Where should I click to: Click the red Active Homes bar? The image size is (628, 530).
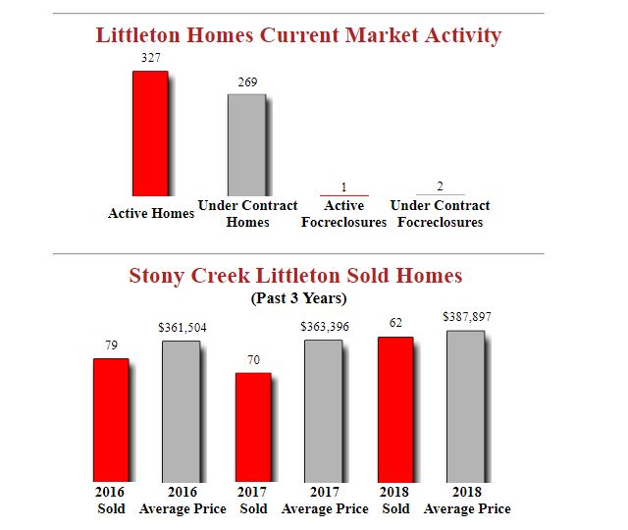[x=150, y=133]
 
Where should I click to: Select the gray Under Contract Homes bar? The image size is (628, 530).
[x=246, y=145]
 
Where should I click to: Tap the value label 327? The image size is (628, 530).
[x=151, y=58]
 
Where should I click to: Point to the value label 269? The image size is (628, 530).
[x=247, y=81]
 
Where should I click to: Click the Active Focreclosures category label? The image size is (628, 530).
[x=343, y=214]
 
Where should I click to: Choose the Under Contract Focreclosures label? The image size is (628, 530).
[x=440, y=214]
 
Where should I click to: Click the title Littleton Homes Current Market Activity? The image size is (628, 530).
[x=298, y=35]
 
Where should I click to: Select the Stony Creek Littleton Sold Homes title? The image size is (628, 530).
[x=295, y=276]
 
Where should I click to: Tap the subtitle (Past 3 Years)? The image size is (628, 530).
[x=299, y=297]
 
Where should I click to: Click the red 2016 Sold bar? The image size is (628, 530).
[x=111, y=420]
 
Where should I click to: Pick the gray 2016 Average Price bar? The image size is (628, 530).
[x=182, y=411]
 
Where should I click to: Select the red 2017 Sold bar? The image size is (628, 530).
[x=252, y=427]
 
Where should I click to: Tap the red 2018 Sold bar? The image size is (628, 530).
[x=394, y=409]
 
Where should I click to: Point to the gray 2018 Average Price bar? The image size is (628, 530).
[x=465, y=406]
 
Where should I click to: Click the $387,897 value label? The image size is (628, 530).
[x=467, y=317]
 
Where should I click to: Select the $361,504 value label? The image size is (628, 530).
[x=183, y=327]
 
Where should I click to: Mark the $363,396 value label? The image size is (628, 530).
[x=325, y=326]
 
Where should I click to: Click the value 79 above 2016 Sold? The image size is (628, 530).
[x=111, y=344]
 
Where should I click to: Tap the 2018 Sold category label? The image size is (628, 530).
[x=395, y=500]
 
